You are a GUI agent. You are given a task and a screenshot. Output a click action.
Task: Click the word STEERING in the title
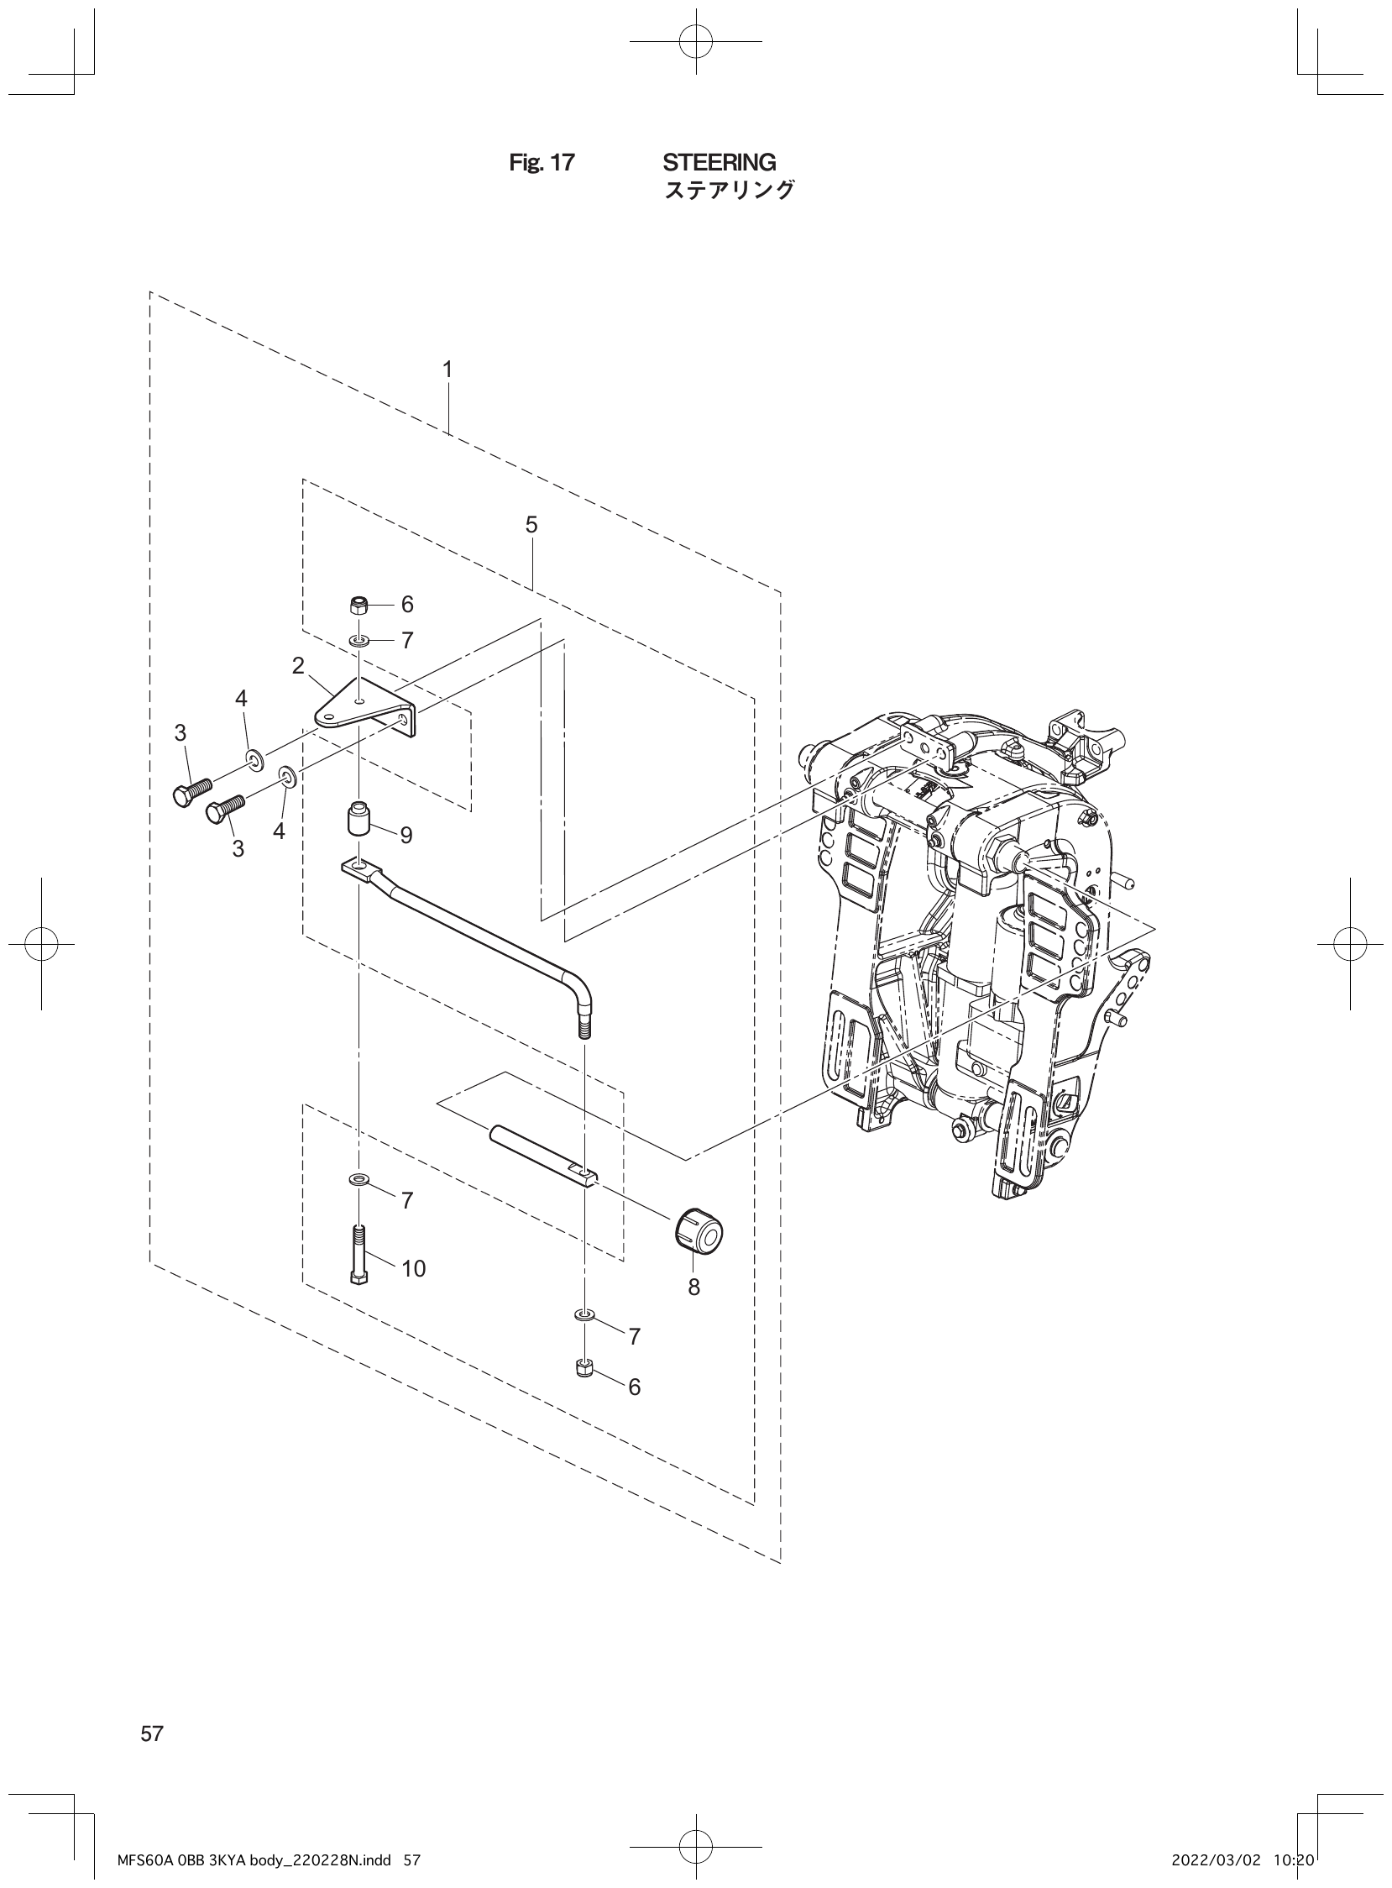pyautogui.click(x=719, y=162)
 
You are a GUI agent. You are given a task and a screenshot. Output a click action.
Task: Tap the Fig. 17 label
pyautogui.click(x=541, y=163)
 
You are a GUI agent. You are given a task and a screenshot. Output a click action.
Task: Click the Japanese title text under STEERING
pyautogui.click(x=729, y=191)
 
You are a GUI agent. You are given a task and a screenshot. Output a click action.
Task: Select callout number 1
pyautogui.click(x=447, y=370)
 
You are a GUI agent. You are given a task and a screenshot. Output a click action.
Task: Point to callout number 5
pyautogui.click(x=531, y=525)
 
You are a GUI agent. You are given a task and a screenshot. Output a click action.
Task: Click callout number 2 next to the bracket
pyautogui.click(x=298, y=666)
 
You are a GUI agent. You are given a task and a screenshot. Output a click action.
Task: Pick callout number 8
pyautogui.click(x=693, y=1287)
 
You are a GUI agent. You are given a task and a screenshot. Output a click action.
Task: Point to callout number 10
pyautogui.click(x=413, y=1268)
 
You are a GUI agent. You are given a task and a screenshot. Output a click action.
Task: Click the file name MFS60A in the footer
pyautogui.click(x=143, y=1854)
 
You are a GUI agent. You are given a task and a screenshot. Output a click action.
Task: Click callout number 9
pyautogui.click(x=406, y=836)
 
